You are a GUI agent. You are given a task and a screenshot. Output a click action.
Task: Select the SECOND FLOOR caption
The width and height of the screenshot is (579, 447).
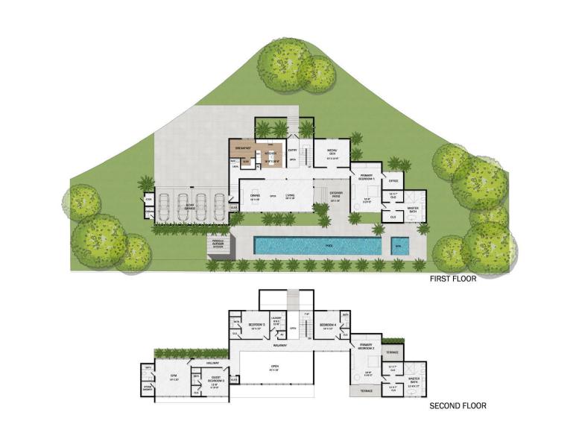click(x=458, y=406)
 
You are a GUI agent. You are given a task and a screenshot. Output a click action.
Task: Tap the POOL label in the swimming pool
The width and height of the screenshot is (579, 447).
click(x=318, y=244)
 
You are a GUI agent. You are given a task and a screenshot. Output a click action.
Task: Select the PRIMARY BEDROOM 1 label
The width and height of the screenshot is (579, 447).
click(x=367, y=176)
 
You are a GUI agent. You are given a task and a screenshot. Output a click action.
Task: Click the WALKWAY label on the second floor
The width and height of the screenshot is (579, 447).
click(x=279, y=345)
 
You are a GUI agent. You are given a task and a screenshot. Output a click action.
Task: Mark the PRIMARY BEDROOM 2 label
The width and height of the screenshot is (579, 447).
click(x=366, y=346)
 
